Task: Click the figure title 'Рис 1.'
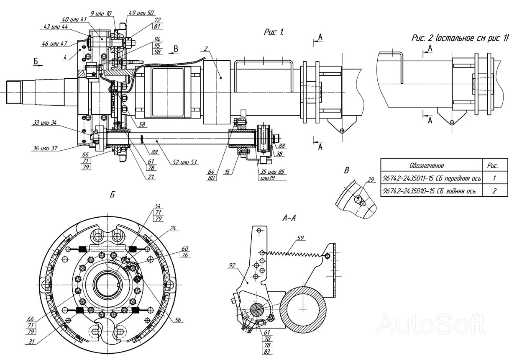pos(274,32)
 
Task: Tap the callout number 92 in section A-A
pos(232,265)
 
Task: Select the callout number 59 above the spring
pos(301,238)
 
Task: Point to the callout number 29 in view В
pos(371,180)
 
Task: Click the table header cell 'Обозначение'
pos(427,165)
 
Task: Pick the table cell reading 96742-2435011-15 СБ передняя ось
pos(432,178)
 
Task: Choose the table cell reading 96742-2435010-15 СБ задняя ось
pos(429,191)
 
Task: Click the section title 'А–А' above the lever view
pos(289,218)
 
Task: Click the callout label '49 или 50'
pos(141,13)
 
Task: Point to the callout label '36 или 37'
pos(45,148)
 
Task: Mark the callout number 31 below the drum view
pos(31,342)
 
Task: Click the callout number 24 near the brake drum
pos(173,228)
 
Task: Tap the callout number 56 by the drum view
pos(178,320)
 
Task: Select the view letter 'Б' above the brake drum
pos(113,195)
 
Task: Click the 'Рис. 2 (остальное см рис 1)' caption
pos(460,38)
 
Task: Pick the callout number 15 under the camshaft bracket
pos(227,172)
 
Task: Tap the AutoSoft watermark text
pos(431,324)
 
